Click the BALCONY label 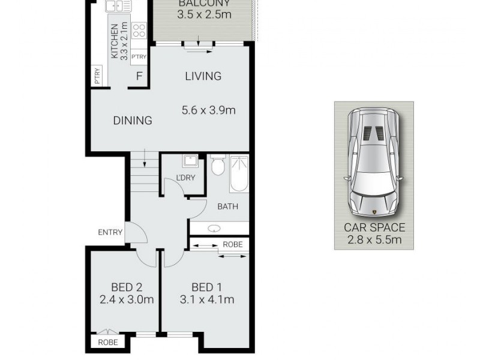coord(204,4)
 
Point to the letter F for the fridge coord(139,76)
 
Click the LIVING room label coord(203,76)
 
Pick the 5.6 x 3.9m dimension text coord(209,110)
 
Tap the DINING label coord(133,121)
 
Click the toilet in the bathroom coord(217,165)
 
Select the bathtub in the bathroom coord(239,173)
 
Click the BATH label coord(227,207)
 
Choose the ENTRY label coord(110,232)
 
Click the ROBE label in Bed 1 coord(232,245)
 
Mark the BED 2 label coord(126,287)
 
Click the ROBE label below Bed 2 coord(108,343)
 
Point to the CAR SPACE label coord(374,228)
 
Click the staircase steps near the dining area coord(143,174)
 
